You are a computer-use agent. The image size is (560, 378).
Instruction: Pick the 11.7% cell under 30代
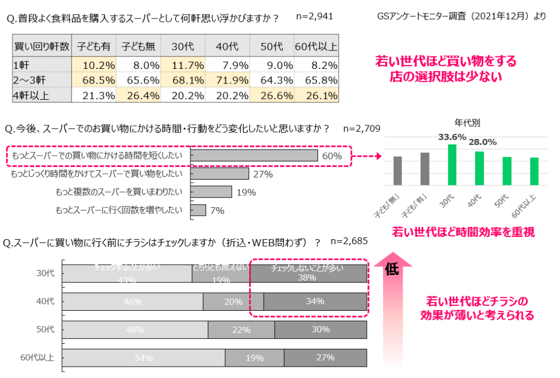click(x=183, y=65)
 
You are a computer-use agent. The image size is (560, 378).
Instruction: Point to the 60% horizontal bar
click(x=254, y=155)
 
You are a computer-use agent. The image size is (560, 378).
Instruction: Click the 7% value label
click(x=217, y=211)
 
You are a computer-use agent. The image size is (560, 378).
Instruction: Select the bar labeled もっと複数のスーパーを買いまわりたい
click(x=211, y=192)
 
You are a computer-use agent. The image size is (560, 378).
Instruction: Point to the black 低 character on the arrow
click(x=391, y=269)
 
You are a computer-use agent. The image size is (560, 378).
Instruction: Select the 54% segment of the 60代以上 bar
click(x=143, y=357)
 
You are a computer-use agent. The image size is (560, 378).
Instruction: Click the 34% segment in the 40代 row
click(x=315, y=301)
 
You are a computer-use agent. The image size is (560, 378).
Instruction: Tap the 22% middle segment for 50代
click(x=241, y=329)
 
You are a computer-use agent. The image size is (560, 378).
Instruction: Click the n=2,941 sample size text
click(x=314, y=16)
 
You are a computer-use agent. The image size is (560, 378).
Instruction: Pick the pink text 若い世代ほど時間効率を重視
click(x=463, y=232)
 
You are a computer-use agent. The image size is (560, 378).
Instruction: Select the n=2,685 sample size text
click(x=349, y=241)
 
